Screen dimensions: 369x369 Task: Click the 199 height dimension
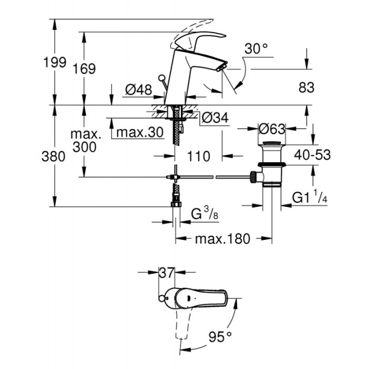[55, 62]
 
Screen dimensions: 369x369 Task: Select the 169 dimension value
[84, 69]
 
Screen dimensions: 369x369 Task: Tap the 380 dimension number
[55, 157]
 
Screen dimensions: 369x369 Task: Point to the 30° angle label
[256, 50]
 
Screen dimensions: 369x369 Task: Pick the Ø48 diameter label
[138, 90]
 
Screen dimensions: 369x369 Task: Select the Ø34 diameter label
[215, 119]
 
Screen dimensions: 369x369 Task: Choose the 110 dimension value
[199, 157]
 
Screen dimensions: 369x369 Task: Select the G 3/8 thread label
[203, 215]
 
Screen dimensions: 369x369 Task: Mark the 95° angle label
[220, 335]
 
